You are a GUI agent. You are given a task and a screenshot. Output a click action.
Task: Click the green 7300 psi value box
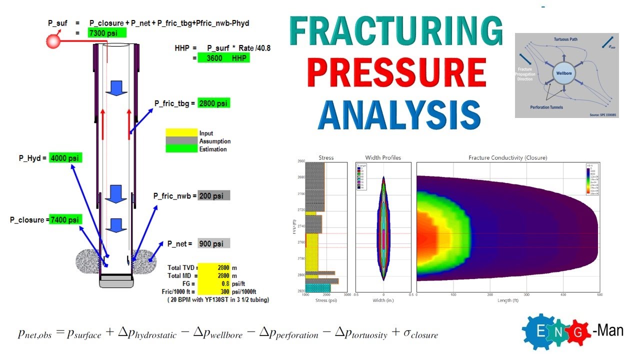tap(107, 33)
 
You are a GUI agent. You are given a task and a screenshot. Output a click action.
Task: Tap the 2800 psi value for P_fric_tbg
tap(214, 103)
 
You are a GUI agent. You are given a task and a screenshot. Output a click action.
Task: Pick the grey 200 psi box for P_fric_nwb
tap(213, 195)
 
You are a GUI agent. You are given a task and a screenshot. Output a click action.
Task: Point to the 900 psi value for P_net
tap(213, 243)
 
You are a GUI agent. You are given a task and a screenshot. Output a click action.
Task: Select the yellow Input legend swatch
tap(181, 133)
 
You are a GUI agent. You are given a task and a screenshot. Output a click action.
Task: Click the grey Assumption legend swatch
tap(181, 141)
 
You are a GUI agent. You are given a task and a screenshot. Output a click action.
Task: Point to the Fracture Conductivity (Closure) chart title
tap(507, 157)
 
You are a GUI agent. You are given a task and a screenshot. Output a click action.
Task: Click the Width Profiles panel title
tap(383, 157)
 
